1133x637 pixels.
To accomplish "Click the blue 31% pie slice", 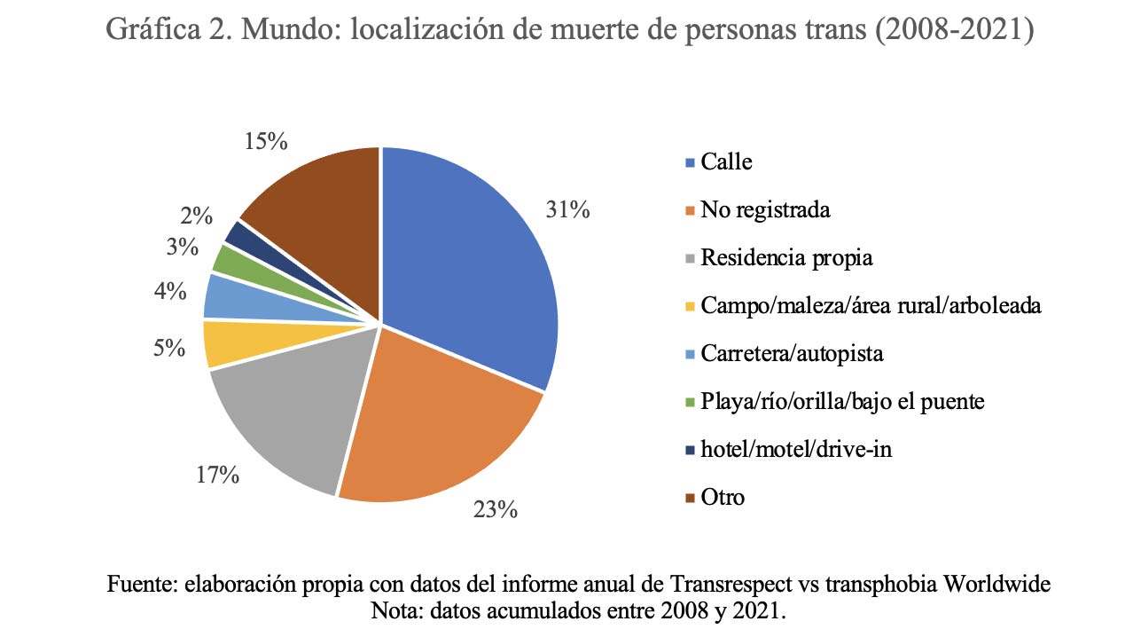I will (x=470, y=266).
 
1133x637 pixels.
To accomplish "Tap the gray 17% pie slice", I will (x=284, y=408).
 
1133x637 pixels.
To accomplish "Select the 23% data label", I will (x=495, y=509).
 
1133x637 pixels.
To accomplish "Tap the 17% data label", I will (x=218, y=476).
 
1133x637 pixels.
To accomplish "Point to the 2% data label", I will (x=195, y=216).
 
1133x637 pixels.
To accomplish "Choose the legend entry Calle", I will (x=725, y=161).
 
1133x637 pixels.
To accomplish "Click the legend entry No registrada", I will (x=764, y=209).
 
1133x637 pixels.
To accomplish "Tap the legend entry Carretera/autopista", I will (x=791, y=353).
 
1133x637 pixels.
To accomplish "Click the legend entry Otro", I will (x=722, y=497).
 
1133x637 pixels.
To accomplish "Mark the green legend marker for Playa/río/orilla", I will (x=690, y=402).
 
